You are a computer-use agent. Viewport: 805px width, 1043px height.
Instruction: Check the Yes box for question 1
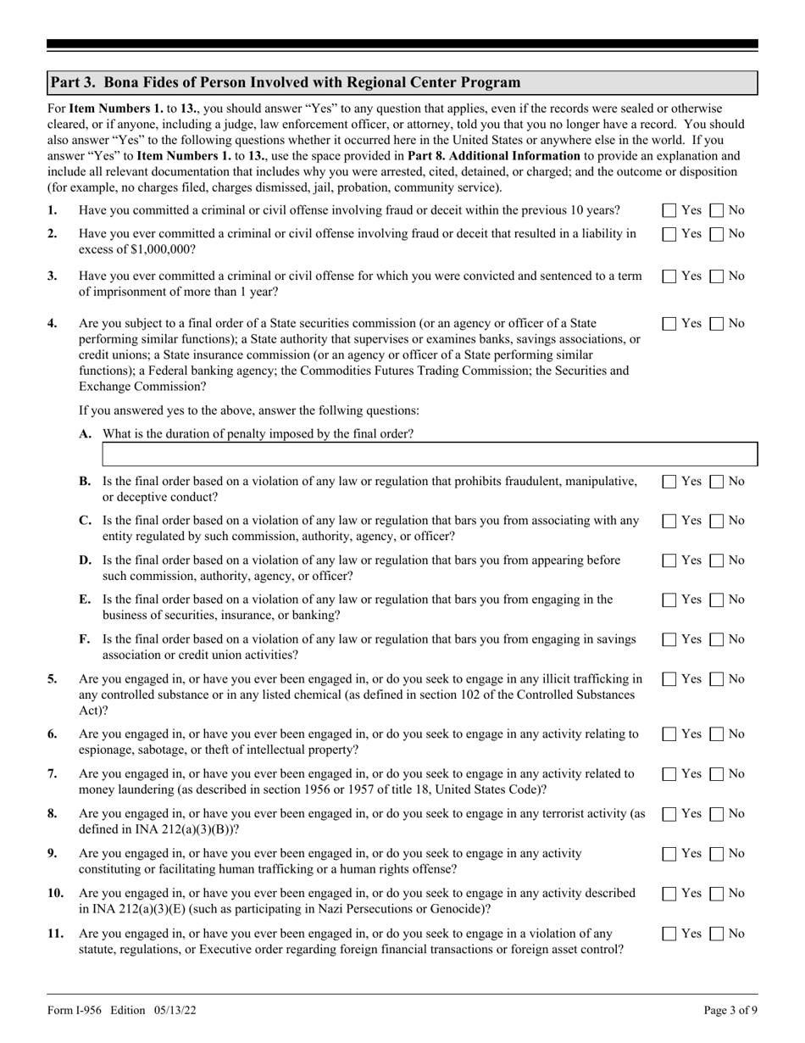pyautogui.click(x=669, y=210)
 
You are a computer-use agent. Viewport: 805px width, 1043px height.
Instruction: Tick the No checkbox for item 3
pyautogui.click(x=716, y=276)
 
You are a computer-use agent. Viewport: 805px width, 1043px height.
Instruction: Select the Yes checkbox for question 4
pyautogui.click(x=669, y=323)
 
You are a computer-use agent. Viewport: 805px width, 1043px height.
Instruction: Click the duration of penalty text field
pyautogui.click(x=429, y=455)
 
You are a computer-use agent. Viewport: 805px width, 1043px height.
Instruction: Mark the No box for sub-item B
pyautogui.click(x=716, y=482)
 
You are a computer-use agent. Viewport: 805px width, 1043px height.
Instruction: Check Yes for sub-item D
pyautogui.click(x=669, y=561)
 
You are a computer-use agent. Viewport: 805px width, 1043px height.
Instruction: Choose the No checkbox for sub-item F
pyautogui.click(x=716, y=639)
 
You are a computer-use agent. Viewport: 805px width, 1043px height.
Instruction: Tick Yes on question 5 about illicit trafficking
pyautogui.click(x=669, y=678)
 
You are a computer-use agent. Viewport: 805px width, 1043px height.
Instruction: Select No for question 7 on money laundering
pyautogui.click(x=716, y=773)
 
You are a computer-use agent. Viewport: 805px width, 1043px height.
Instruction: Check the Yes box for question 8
pyautogui.click(x=669, y=813)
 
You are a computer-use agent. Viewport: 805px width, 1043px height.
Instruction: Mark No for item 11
pyautogui.click(x=716, y=934)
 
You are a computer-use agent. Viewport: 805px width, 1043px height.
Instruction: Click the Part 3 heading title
pyautogui.click(x=285, y=82)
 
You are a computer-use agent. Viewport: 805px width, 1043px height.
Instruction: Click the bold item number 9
pyautogui.click(x=53, y=853)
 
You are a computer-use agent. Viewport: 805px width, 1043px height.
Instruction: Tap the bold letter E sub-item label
pyautogui.click(x=85, y=600)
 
